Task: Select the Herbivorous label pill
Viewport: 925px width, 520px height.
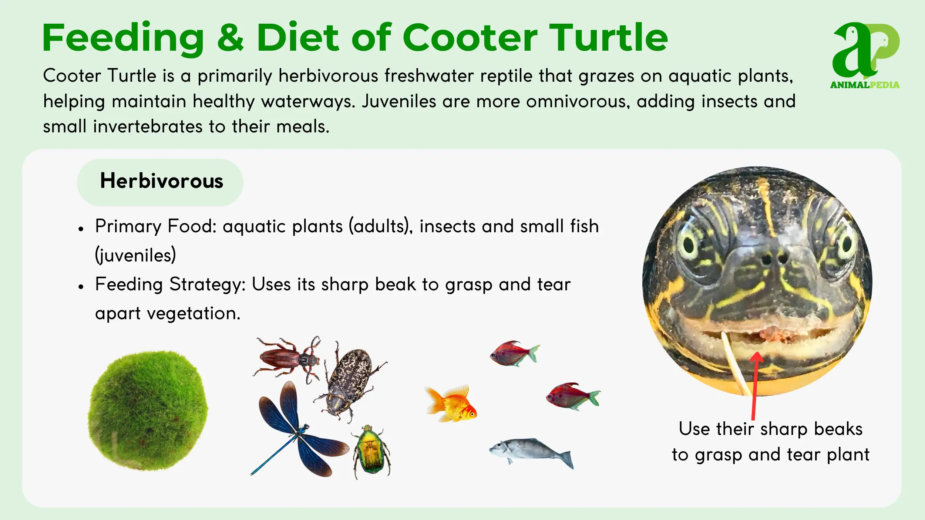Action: pos(160,182)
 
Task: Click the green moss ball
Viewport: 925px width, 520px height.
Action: pos(148,411)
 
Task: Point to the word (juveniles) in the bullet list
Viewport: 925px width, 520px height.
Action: pos(135,255)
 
